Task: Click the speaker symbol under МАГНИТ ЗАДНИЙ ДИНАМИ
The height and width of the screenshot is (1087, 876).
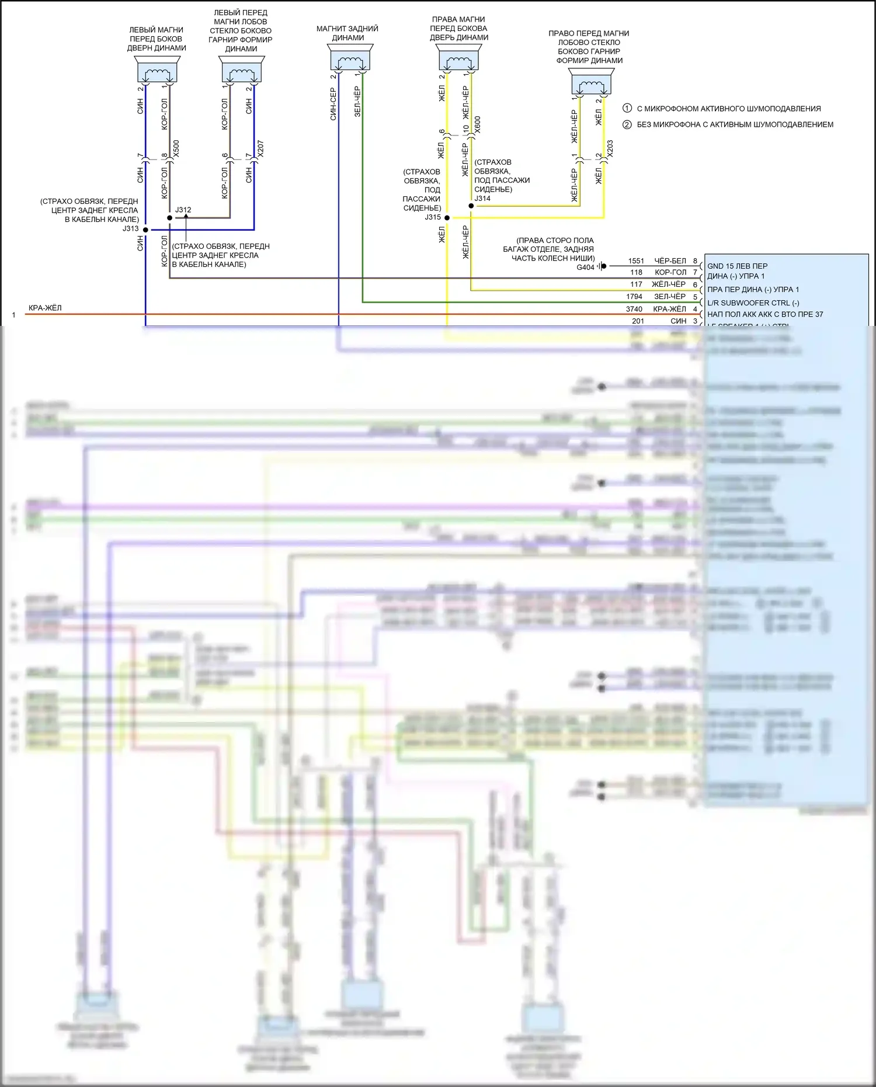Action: [x=350, y=58]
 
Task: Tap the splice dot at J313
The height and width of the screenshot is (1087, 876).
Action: [x=146, y=230]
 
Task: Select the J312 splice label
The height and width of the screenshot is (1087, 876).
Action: [x=183, y=210]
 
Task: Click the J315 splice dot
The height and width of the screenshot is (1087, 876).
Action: [x=447, y=218]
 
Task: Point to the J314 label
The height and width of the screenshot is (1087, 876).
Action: [x=482, y=199]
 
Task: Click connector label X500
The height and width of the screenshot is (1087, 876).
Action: [x=176, y=148]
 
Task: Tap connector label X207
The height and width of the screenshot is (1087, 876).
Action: [x=260, y=148]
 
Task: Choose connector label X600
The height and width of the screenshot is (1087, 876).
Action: [x=478, y=124]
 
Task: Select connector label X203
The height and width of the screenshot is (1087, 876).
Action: [x=610, y=148]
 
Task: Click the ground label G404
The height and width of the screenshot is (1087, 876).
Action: [x=585, y=268]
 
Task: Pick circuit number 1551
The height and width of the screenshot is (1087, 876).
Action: [x=636, y=261]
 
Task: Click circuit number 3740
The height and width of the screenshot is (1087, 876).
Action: [x=634, y=309]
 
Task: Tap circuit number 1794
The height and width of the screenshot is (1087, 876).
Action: [x=634, y=297]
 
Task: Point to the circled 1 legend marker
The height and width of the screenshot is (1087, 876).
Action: [x=627, y=108]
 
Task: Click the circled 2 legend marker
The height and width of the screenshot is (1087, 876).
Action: [x=627, y=124]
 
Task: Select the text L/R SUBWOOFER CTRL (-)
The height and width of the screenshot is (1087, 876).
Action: [x=753, y=303]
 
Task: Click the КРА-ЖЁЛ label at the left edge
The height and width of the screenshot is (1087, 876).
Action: [x=45, y=308]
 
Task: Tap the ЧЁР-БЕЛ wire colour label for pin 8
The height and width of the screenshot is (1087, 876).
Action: [x=670, y=261]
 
